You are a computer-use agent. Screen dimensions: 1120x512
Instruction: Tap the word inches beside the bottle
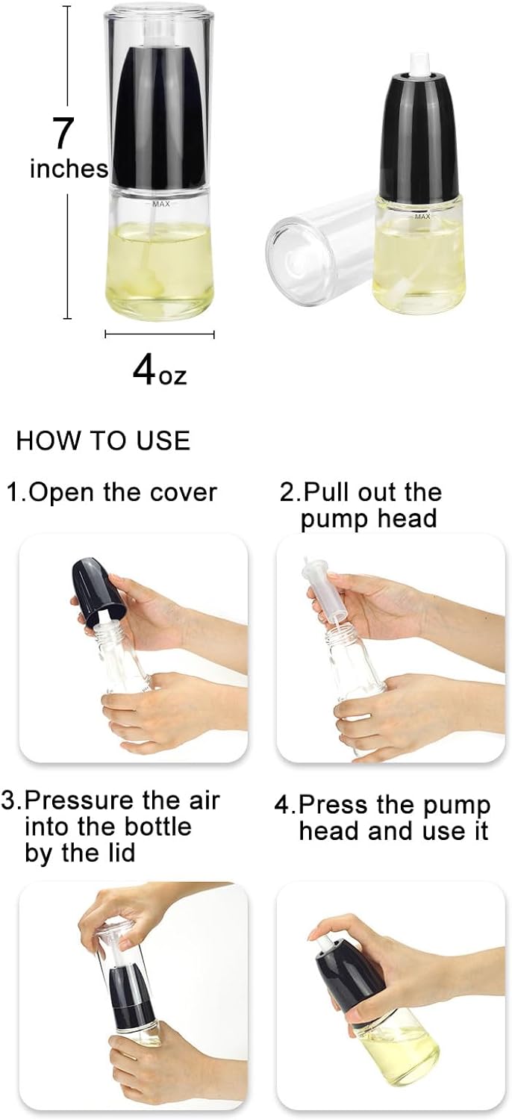point(69,169)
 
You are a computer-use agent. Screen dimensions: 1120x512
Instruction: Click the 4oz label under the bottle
point(160,370)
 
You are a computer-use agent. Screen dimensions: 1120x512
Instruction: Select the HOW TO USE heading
point(103,441)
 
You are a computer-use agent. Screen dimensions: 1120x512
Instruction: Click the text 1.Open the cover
point(113,492)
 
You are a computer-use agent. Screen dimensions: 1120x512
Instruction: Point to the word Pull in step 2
point(326,493)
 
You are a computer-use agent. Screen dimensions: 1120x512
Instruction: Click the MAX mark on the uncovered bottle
point(422,217)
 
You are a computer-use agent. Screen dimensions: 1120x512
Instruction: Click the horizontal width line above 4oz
point(159,335)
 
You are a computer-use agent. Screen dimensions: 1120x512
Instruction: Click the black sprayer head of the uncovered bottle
point(419,142)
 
